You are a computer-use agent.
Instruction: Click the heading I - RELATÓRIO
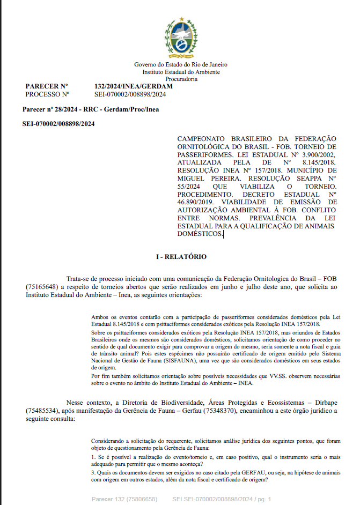[181, 257]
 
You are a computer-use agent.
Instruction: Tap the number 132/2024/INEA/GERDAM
[133, 86]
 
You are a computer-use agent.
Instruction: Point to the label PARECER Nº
[47, 86]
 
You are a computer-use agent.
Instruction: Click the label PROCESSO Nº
[47, 94]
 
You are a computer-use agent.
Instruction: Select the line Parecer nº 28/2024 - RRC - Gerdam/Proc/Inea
[91, 109]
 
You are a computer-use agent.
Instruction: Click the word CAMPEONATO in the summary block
[200, 139]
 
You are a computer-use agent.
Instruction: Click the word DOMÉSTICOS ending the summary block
[200, 234]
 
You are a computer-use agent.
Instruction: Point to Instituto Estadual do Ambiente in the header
[181, 72]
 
